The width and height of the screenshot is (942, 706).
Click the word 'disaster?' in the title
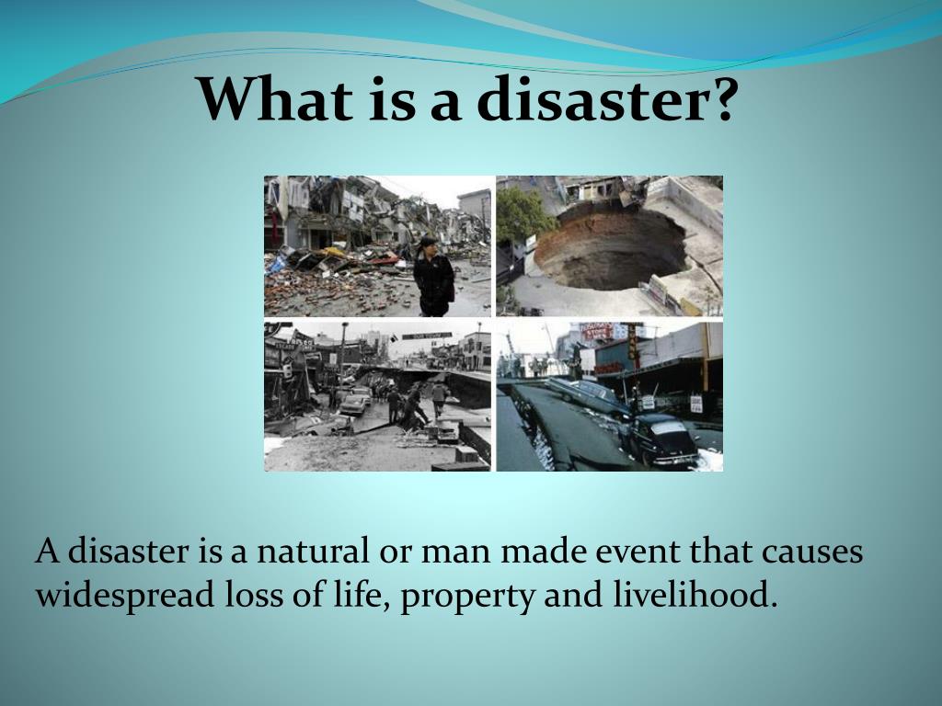605,98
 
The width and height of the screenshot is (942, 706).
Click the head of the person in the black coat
429,245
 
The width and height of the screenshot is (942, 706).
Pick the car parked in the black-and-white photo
355,404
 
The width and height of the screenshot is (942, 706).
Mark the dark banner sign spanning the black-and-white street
427,336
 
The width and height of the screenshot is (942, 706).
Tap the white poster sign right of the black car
695,404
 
